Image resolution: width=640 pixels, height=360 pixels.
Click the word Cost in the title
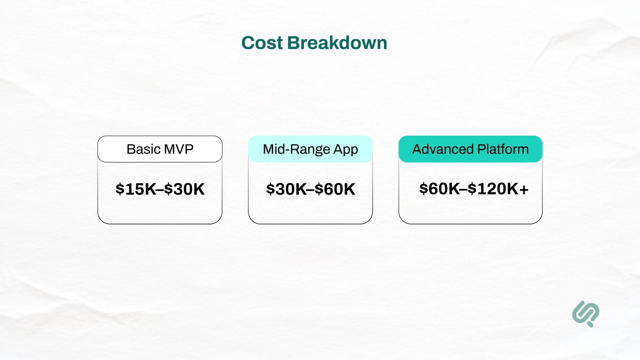pyautogui.click(x=262, y=43)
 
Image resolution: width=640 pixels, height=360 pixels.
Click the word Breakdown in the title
pyautogui.click(x=337, y=43)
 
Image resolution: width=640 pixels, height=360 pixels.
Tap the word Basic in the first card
pyautogui.click(x=144, y=149)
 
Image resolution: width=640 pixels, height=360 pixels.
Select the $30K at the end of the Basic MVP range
pyautogui.click(x=184, y=189)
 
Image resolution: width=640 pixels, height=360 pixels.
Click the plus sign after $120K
pyautogui.click(x=524, y=189)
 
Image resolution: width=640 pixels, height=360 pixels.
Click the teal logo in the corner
pyautogui.click(x=586, y=314)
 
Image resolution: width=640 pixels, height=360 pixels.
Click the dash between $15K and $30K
pyautogui.click(x=160, y=190)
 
